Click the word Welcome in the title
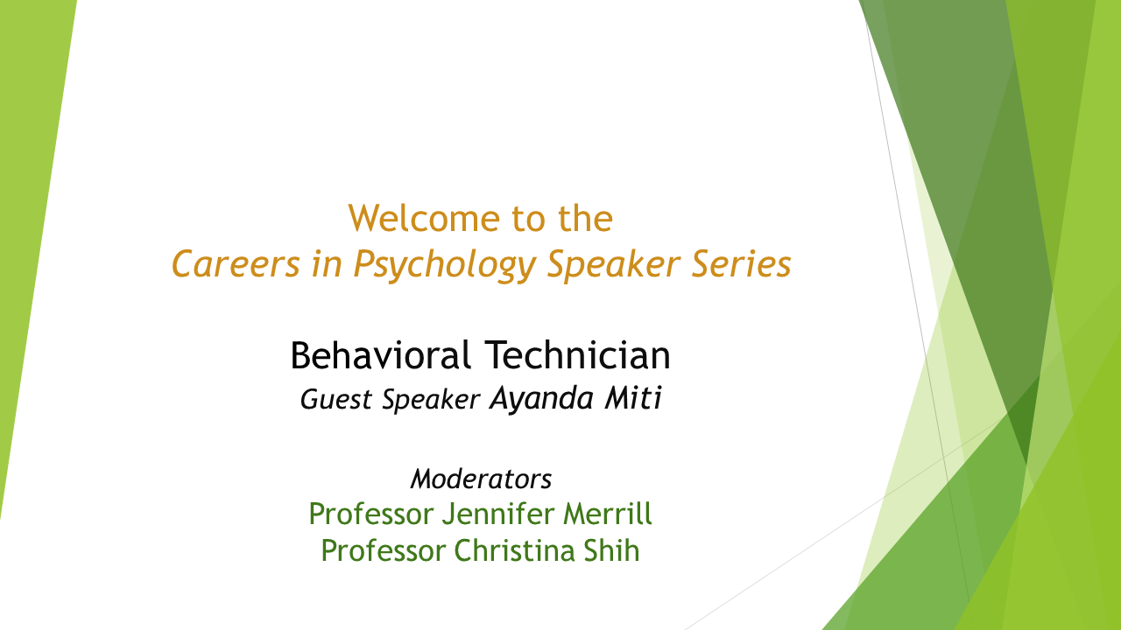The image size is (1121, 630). [x=424, y=219]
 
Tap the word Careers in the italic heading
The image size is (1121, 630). [x=236, y=263]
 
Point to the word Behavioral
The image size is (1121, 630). [x=380, y=355]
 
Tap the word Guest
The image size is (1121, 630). [x=335, y=400]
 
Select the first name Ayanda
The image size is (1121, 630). [x=541, y=399]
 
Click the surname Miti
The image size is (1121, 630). [x=633, y=398]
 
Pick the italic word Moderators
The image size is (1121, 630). [x=481, y=479]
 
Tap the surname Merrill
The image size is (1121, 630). [x=608, y=514]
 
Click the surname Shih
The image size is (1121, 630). [x=611, y=550]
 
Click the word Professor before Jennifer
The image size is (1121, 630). [x=370, y=514]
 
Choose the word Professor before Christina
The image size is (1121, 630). [x=383, y=550]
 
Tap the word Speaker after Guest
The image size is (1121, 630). [x=431, y=401]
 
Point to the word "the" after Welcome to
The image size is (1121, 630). [x=585, y=219]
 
